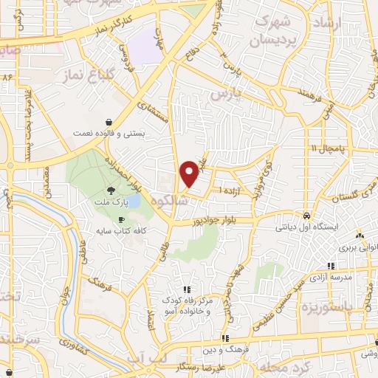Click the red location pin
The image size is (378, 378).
(x=190, y=173)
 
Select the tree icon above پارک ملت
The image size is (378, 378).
(x=111, y=189)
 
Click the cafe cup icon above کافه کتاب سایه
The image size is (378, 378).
(x=121, y=220)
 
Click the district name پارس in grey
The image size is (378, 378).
(x=221, y=96)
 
